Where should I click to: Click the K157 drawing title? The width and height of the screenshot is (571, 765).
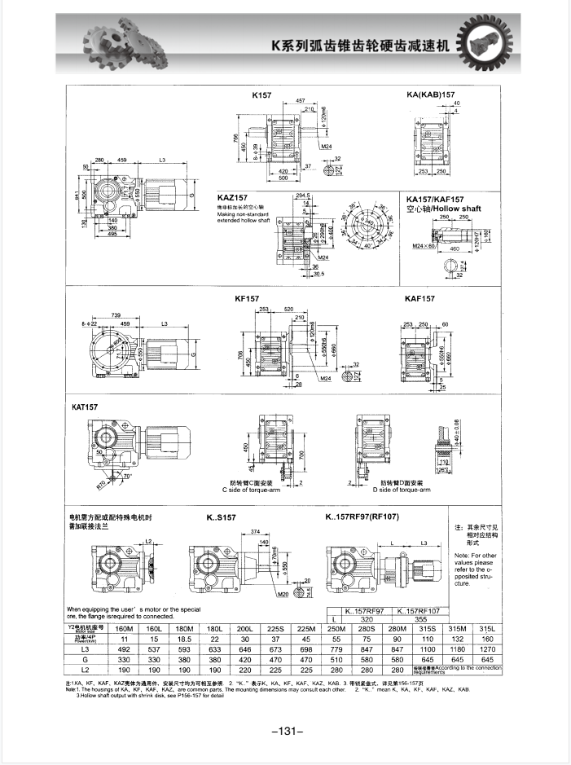coord(261,95)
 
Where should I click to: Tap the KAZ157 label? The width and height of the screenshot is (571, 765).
coord(232,197)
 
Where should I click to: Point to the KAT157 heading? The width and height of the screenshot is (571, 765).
coord(86,406)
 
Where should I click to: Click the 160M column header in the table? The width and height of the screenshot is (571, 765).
coord(125,629)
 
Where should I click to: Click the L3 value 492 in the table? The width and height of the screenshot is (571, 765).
coord(125,648)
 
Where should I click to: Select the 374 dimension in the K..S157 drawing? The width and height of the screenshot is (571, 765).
coord(254,531)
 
